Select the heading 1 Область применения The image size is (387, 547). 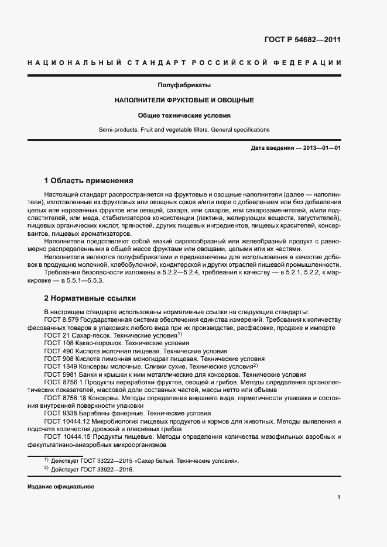(x=89, y=181)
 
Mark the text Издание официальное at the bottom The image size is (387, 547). (x=61, y=487)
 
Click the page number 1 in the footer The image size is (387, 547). (x=339, y=497)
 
